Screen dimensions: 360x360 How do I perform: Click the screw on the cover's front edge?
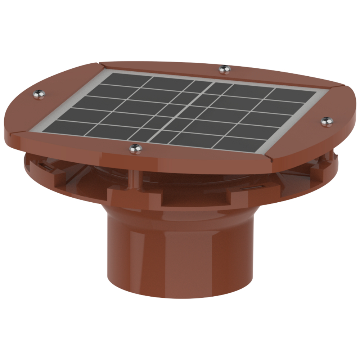click(135, 148)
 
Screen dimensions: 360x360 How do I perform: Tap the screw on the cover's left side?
click(39, 94)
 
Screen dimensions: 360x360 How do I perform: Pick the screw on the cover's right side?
click(326, 121)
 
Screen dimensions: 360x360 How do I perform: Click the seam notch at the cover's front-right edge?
click(269, 159)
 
